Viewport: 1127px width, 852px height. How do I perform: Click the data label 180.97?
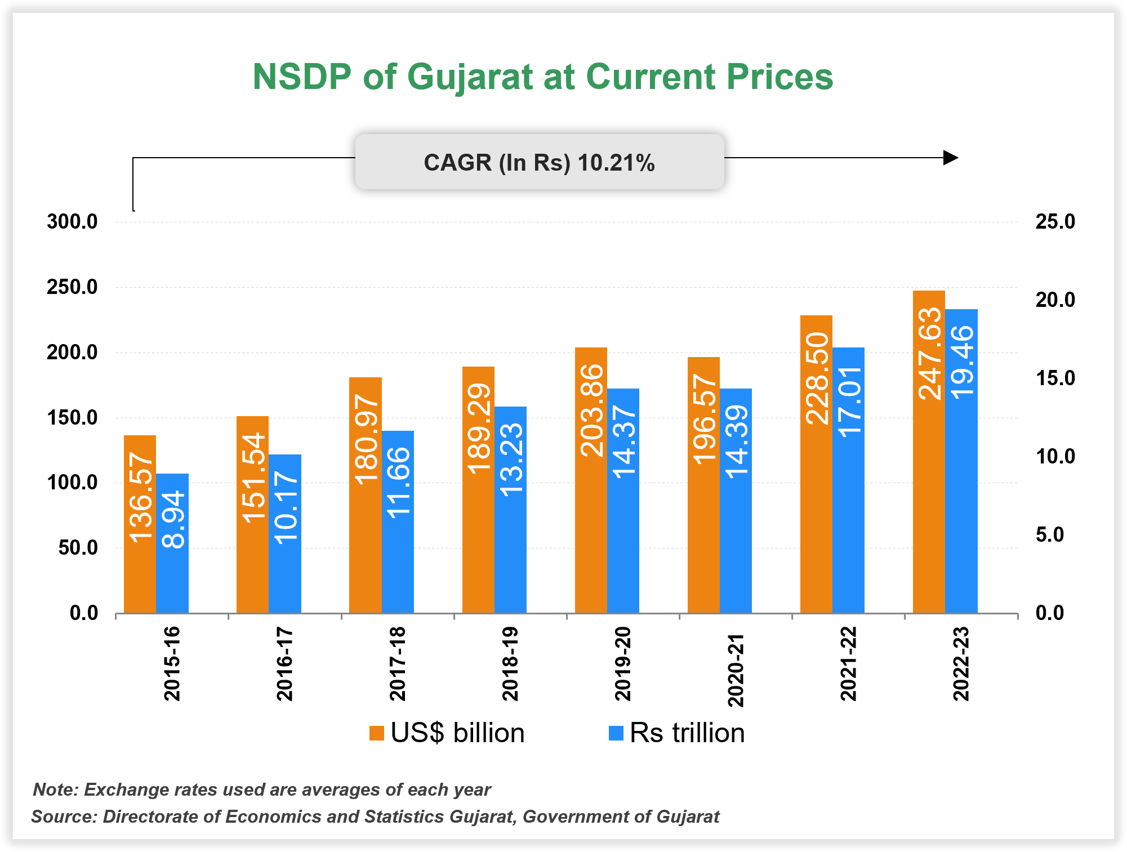[366, 439]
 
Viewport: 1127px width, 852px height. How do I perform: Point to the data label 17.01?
[849, 402]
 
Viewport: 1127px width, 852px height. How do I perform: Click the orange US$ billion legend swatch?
[376, 733]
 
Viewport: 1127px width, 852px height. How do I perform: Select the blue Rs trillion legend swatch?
[616, 733]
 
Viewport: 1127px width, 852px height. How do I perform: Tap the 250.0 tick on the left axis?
[72, 287]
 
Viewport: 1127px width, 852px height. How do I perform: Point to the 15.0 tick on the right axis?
[1055, 378]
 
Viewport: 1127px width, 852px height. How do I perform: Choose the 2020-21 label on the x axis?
[736, 670]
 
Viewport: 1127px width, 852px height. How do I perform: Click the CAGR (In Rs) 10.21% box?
[539, 162]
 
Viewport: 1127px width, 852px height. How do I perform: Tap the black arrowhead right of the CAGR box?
[950, 158]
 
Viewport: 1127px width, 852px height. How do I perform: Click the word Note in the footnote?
[55, 789]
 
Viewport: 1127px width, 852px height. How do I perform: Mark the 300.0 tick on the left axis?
[72, 222]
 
